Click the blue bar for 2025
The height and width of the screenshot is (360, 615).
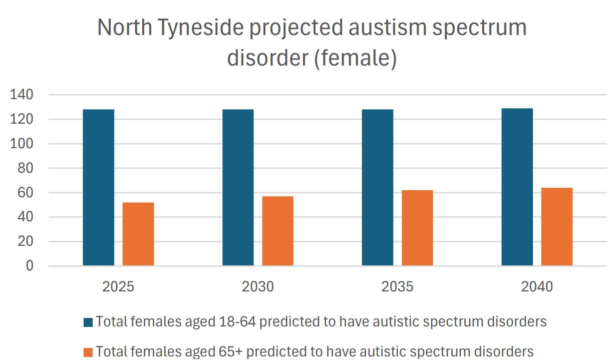point(99,187)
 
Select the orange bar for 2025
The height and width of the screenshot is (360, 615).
point(138,234)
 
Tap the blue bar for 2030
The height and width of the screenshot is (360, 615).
point(238,187)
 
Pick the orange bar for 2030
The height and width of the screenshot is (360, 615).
point(277,231)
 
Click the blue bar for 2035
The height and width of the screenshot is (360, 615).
point(378,187)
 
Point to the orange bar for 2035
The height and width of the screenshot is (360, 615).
point(417,228)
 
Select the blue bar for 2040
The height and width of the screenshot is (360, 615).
point(517,187)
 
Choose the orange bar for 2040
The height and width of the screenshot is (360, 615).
point(557,226)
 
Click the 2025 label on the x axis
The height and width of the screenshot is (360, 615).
point(118,287)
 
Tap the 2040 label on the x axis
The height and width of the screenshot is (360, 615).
point(537,287)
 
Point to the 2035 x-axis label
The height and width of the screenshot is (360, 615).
point(397,287)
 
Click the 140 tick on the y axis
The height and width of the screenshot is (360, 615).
point(22,95)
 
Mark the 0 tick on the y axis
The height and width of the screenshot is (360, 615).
point(30,266)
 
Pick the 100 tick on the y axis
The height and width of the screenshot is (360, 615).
point(22,144)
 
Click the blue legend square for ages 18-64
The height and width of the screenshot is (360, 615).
point(88,322)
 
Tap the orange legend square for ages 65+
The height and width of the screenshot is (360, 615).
point(88,351)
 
